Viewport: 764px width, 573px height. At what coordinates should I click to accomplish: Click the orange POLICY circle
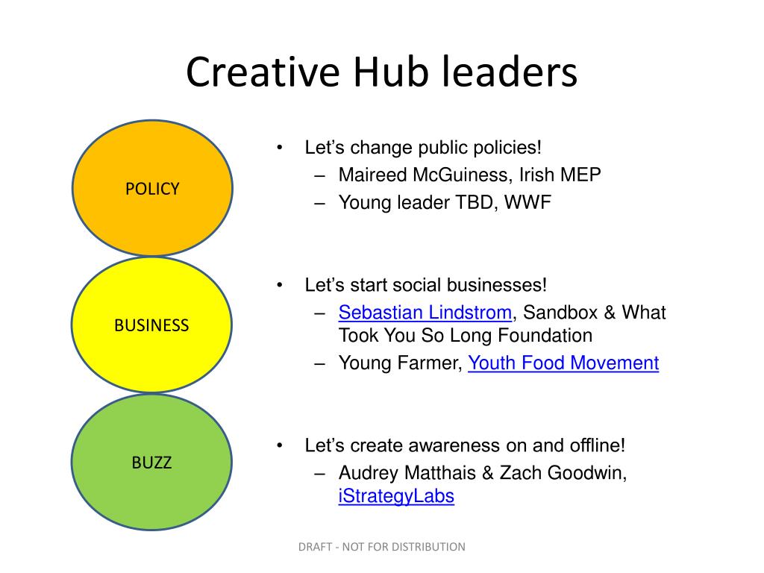click(152, 188)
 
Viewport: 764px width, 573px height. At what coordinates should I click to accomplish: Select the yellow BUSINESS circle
click(152, 325)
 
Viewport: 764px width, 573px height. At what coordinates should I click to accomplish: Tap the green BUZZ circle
click(152, 462)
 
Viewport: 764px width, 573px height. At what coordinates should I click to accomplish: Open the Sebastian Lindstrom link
click(425, 313)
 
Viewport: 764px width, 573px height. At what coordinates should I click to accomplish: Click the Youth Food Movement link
click(563, 363)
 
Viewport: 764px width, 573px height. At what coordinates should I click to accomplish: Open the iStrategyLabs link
click(396, 496)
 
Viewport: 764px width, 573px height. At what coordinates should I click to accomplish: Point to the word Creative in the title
click(263, 72)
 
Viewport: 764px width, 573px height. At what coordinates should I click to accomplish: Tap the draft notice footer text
click(381, 547)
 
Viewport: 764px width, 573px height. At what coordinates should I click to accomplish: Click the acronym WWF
click(527, 202)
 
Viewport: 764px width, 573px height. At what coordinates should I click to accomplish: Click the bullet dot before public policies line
click(280, 147)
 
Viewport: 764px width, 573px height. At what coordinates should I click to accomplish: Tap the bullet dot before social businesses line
click(280, 284)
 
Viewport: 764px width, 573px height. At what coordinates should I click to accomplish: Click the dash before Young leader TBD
click(319, 203)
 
